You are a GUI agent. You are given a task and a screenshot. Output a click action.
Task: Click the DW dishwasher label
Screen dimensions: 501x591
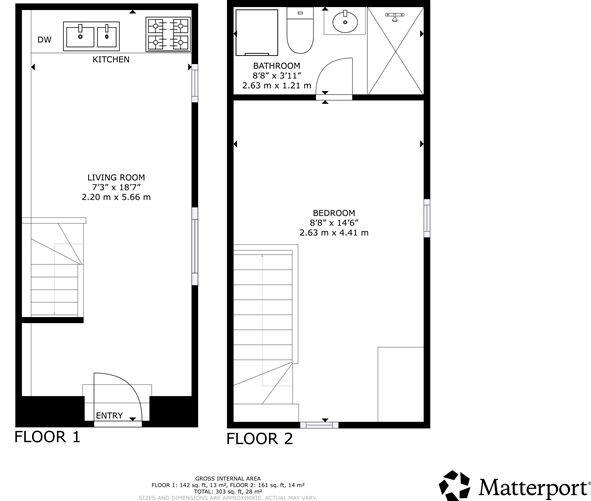[44, 40]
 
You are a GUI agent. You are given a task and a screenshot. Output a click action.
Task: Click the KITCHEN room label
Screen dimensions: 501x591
[111, 60]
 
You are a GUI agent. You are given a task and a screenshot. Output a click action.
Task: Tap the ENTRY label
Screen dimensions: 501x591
[109, 415]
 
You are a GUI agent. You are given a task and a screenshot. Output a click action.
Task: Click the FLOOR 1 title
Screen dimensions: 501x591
[46, 437]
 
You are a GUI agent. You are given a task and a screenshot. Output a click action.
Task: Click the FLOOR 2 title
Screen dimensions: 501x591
[259, 438]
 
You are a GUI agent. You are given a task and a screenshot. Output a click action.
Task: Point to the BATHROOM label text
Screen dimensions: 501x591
[276, 66]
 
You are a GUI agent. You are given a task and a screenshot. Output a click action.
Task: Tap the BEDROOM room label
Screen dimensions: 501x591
[333, 213]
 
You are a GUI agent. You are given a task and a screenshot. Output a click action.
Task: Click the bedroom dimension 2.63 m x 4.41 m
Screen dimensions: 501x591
[333, 232]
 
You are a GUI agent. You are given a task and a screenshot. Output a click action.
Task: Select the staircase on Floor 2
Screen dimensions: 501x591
[266, 320]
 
